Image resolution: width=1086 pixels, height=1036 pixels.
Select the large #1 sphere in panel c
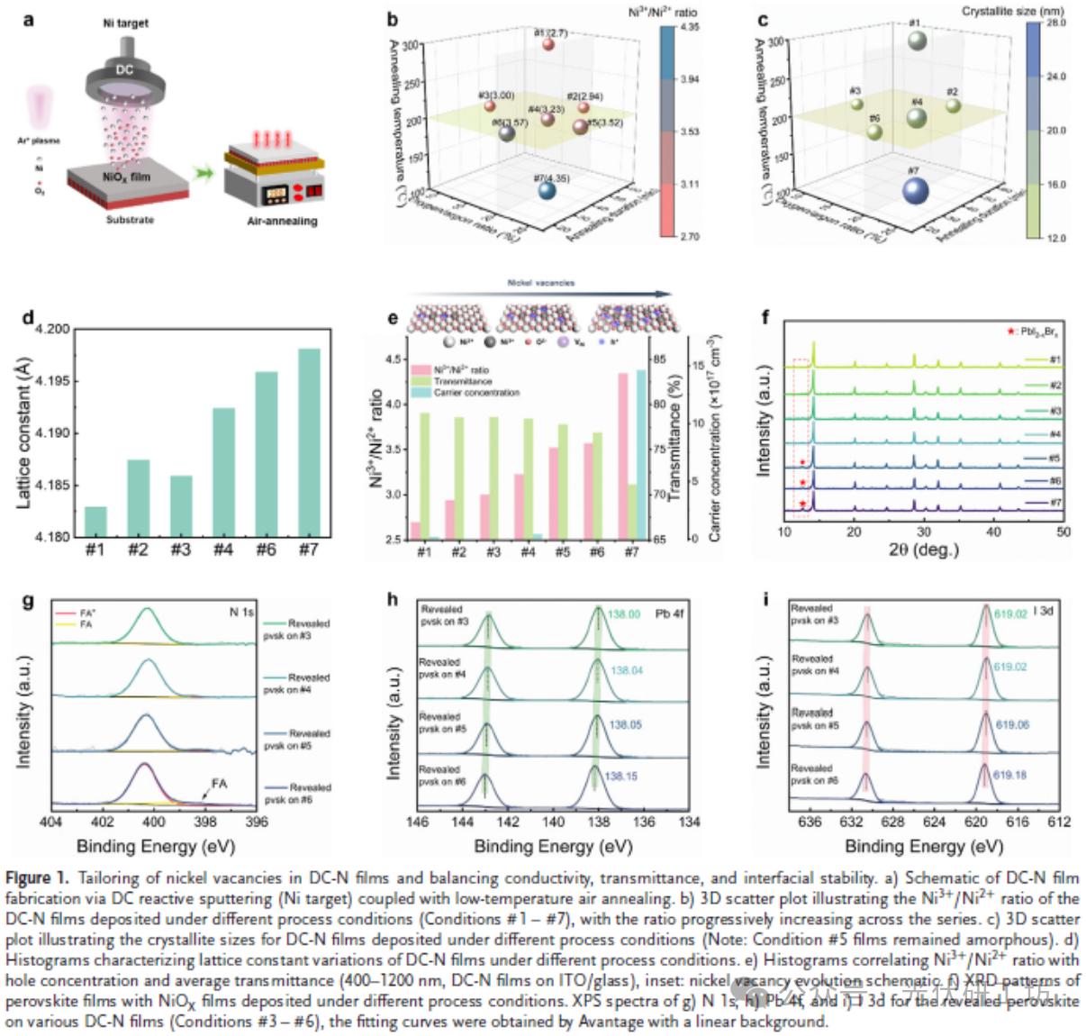917,41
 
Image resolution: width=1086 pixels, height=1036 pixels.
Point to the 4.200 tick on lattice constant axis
52,329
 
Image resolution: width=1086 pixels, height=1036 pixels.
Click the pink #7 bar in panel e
622,456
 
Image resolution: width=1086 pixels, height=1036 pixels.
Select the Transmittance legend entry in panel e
462,381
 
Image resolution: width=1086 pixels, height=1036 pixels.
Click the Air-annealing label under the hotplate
282,221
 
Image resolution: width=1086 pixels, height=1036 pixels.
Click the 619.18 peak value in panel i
1010,775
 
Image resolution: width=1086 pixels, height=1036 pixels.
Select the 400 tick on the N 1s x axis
154,822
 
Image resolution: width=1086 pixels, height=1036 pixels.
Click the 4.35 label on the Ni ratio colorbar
689,27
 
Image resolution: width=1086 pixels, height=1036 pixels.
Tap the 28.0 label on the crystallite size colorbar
1054,23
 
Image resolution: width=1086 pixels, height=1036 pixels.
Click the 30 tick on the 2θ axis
924,532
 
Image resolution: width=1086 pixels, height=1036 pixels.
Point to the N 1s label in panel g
240,613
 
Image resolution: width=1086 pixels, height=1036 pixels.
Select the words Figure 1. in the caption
36,877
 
